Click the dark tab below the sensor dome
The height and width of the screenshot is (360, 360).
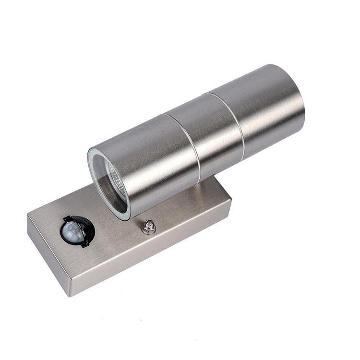pos(85,243)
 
